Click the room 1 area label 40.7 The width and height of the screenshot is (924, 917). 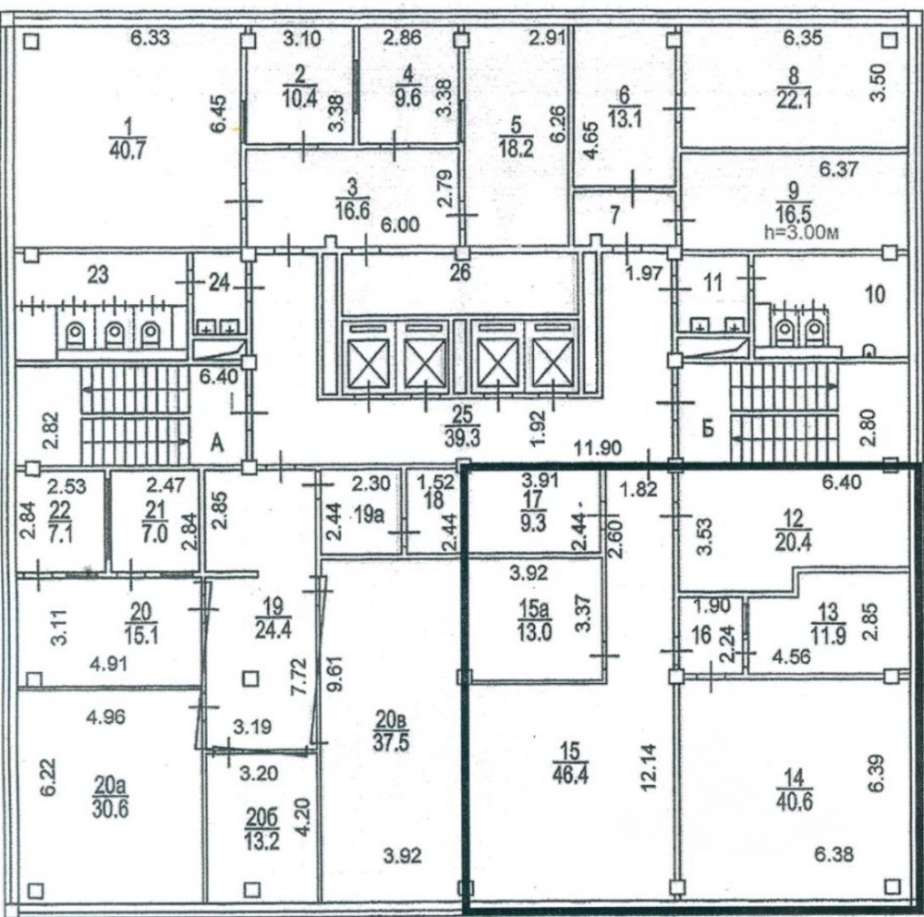pos(128,150)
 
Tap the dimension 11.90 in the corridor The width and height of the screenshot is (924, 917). pos(598,448)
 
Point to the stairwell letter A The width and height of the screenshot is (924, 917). pos(217,444)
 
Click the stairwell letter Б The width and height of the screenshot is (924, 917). pos(709,428)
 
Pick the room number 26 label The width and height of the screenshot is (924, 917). pos(460,273)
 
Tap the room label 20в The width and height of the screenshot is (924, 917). pos(391,720)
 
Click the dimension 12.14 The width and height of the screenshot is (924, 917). pos(649,766)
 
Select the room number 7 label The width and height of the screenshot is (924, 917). pos(615,215)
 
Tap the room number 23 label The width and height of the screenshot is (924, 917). pos(98,275)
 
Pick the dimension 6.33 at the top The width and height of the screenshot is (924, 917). pos(151,38)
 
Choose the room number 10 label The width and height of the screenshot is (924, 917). pos(875,294)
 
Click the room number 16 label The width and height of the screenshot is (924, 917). pos(702,635)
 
